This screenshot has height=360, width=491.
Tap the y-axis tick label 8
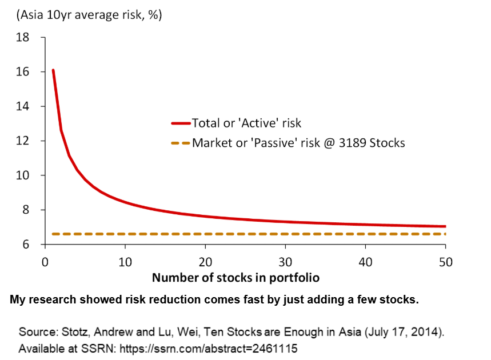click(x=26, y=210)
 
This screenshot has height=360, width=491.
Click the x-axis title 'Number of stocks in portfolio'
click(x=235, y=278)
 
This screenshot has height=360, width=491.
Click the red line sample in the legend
click(x=180, y=123)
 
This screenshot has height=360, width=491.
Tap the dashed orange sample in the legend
click(x=180, y=143)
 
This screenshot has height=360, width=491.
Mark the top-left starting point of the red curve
click(x=53, y=70)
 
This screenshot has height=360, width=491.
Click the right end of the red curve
click(x=445, y=226)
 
